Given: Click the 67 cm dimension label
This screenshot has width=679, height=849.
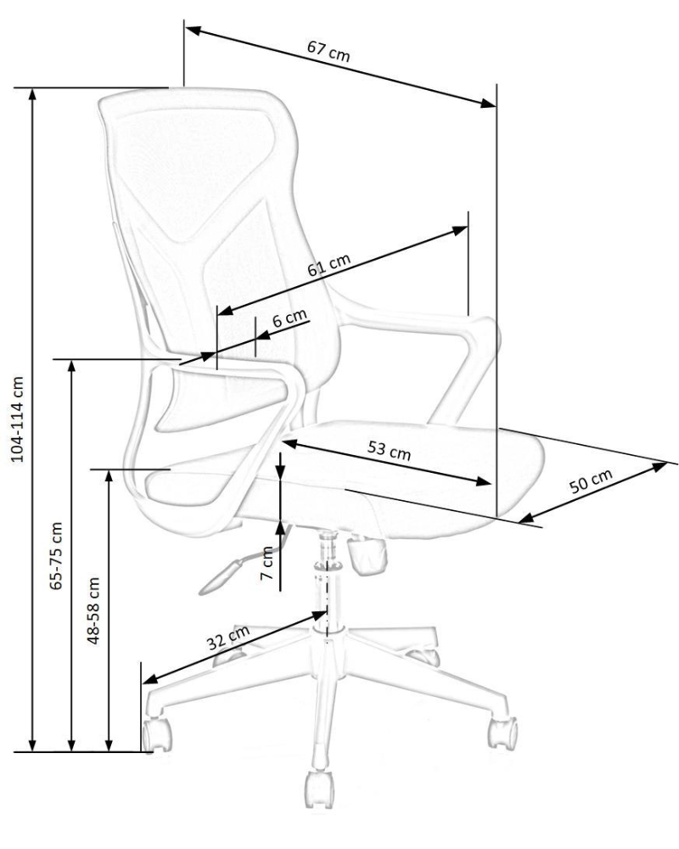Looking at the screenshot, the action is (328, 51).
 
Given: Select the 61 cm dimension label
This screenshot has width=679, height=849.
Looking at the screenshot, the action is (329, 265).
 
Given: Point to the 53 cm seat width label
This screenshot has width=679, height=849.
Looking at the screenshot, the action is (390, 450).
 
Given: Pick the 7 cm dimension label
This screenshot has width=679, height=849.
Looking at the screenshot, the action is (267, 563).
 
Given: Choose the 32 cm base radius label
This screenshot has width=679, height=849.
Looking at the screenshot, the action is (228, 638).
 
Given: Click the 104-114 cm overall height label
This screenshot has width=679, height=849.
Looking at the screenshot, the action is (19, 419).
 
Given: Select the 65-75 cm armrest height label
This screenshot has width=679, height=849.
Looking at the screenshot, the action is (56, 555).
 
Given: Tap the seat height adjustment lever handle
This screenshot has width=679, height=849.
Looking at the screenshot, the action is (220, 577).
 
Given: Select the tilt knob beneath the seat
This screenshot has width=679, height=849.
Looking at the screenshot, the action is (368, 554).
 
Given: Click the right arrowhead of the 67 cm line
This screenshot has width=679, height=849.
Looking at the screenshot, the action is (488, 103).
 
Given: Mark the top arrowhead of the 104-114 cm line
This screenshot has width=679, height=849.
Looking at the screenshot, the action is (33, 95).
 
